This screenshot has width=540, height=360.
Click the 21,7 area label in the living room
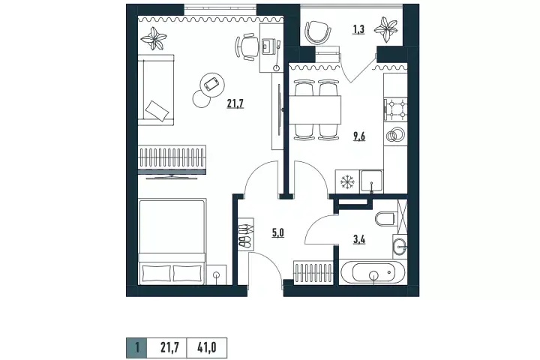pos(235,103)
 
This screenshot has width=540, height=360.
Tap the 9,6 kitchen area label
pos(358,136)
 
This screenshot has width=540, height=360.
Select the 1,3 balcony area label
pos(358,29)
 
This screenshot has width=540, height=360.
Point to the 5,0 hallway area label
pos(278,233)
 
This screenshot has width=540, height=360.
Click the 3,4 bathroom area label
pos(359,239)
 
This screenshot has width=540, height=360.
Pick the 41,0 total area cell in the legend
pos(207,348)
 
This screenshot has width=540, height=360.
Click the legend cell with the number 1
pos(136,348)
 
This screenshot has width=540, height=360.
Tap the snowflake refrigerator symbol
pos(347,182)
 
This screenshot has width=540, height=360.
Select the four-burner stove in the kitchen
pos(395,109)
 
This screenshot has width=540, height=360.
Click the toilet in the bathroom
pos(385,218)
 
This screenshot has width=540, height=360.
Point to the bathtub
pos(373,272)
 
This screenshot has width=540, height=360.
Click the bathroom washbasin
pos(400,247)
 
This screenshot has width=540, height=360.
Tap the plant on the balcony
pos(385,30)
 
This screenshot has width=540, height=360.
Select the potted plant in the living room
pos(154,38)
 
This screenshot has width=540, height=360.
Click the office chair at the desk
pos(247,46)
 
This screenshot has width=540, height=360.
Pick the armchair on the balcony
pos(319,33)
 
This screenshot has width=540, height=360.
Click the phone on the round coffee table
pos(211,84)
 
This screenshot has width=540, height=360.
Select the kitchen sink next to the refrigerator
pos(371,181)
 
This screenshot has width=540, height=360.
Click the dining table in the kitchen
pos(315,110)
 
